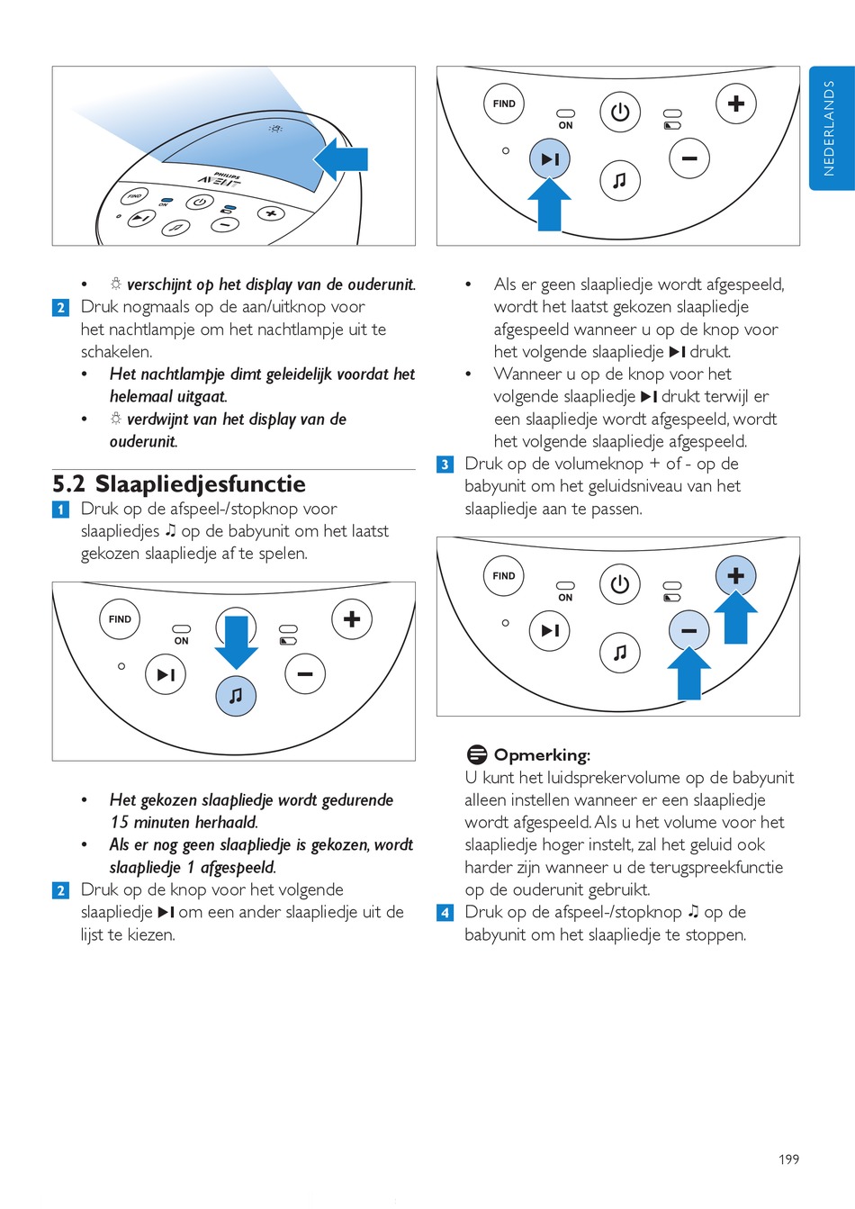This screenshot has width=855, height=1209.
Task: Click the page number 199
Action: pyautogui.click(x=788, y=1159)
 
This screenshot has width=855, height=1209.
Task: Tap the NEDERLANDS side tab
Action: pyautogui.click(x=830, y=128)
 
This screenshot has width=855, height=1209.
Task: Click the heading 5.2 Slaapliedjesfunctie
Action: pyautogui.click(x=179, y=484)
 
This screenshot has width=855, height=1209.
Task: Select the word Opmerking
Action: pyautogui.click(x=542, y=755)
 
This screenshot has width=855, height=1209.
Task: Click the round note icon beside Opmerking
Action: pyautogui.click(x=477, y=754)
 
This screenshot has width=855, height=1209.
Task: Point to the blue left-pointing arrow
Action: pyautogui.click(x=341, y=159)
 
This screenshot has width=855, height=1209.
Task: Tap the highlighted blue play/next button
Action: pyautogui.click(x=549, y=159)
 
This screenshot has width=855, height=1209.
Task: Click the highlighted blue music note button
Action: pyautogui.click(x=236, y=696)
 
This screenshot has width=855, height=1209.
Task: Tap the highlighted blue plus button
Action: pyautogui.click(x=735, y=576)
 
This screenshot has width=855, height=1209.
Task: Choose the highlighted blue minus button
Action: pyautogui.click(x=688, y=630)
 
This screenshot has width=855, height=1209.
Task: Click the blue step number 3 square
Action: pyautogui.click(x=445, y=465)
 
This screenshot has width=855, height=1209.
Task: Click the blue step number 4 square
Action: pyautogui.click(x=445, y=913)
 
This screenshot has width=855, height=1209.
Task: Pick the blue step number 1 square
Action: pyautogui.click(x=60, y=510)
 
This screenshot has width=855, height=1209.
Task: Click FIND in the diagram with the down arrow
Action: pyautogui.click(x=120, y=619)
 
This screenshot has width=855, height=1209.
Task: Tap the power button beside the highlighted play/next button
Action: pyautogui.click(x=619, y=113)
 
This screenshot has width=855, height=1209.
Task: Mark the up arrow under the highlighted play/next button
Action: pyautogui.click(x=549, y=204)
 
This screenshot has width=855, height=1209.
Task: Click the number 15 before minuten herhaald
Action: pyautogui.click(x=120, y=822)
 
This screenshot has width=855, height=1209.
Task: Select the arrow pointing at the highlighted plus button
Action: pyautogui.click(x=735, y=618)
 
